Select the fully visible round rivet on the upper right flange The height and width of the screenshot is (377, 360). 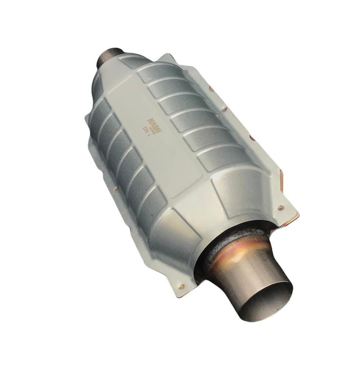tap(223, 108)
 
